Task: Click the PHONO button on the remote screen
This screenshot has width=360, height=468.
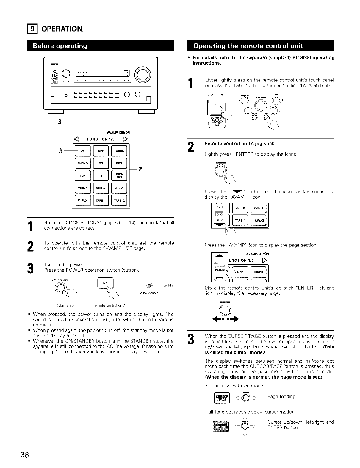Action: (82, 163)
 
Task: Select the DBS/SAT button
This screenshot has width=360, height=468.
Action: (119, 176)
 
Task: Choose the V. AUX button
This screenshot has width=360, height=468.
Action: (82, 200)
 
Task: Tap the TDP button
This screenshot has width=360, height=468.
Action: (82, 176)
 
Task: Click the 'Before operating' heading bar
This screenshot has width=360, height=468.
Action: (101, 46)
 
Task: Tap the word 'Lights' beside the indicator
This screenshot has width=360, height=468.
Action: (168, 285)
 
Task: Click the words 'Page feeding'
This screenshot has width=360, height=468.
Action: (281, 396)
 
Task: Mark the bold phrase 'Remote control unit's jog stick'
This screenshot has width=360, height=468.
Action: (240, 143)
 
